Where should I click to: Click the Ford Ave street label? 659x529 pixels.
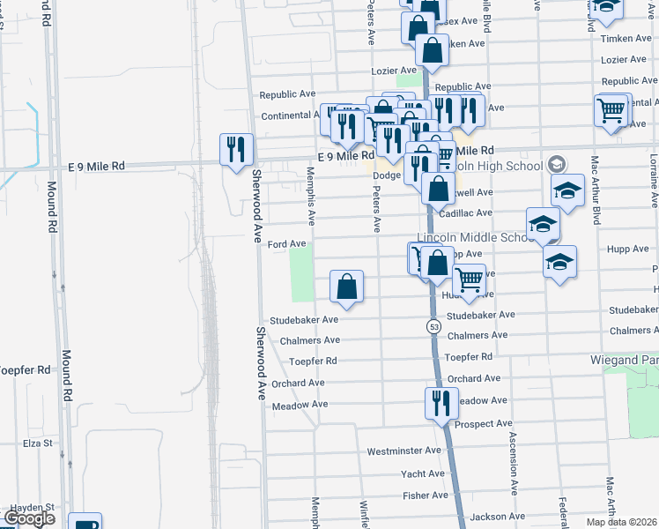[x=286, y=243]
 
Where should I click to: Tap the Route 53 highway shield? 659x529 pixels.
[x=434, y=327]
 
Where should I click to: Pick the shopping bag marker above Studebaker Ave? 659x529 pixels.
[x=347, y=286]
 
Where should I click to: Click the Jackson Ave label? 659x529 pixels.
[x=498, y=517]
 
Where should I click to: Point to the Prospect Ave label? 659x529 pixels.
[x=484, y=424]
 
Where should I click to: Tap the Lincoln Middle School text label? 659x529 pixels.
[x=472, y=238]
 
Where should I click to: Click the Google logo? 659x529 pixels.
[x=29, y=518]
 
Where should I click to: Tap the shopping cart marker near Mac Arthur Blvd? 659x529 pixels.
[x=611, y=110]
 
